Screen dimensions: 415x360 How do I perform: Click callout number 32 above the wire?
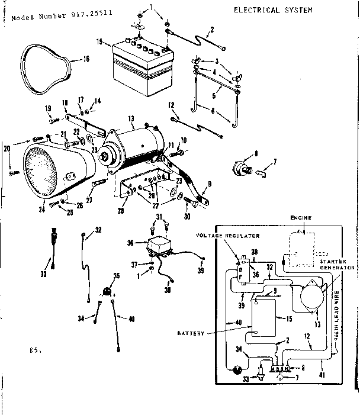coord(98,230)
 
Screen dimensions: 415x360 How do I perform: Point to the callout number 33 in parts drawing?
coord(42,274)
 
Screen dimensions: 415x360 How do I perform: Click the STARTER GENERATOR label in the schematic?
coord(337,264)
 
